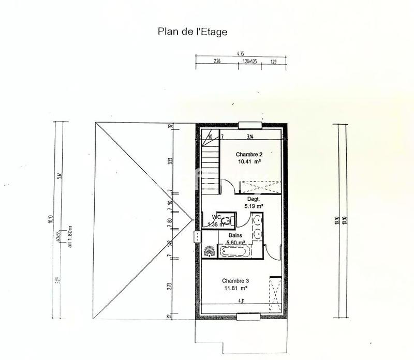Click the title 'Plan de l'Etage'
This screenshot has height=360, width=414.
(x=192, y=31)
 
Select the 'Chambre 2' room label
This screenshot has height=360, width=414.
(x=249, y=155)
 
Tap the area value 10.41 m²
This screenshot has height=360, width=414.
(x=249, y=162)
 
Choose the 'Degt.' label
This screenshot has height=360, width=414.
(x=253, y=199)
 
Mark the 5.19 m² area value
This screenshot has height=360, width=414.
(x=253, y=206)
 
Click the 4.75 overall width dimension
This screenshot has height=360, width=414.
(x=240, y=53)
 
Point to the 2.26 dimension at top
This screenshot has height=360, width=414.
(x=217, y=62)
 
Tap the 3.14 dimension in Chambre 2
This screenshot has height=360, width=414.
(x=250, y=137)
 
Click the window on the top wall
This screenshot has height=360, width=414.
(x=250, y=124)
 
